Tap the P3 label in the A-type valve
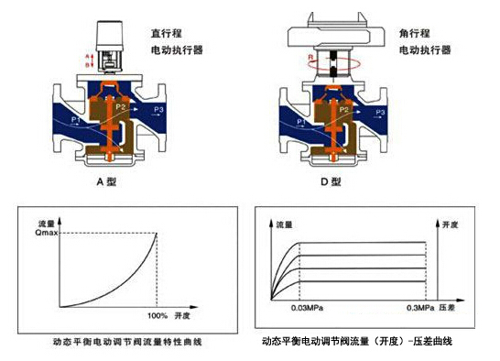tap(159, 110)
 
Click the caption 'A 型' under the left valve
tap(108, 181)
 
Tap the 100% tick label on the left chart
tap(158, 316)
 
